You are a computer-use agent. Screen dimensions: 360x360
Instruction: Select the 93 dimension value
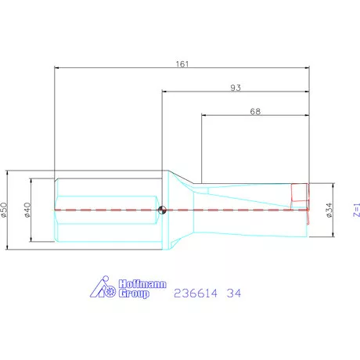235,86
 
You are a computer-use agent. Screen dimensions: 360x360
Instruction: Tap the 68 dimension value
255,111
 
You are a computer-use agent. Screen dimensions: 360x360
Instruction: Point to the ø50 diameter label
4,210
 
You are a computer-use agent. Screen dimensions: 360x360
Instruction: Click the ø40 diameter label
27,210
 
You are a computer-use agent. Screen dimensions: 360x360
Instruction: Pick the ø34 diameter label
329,210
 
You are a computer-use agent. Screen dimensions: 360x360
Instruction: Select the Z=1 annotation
355,209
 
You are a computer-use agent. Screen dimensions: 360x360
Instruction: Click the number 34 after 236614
234,293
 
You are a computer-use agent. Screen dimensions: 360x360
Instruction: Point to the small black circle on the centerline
162,210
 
